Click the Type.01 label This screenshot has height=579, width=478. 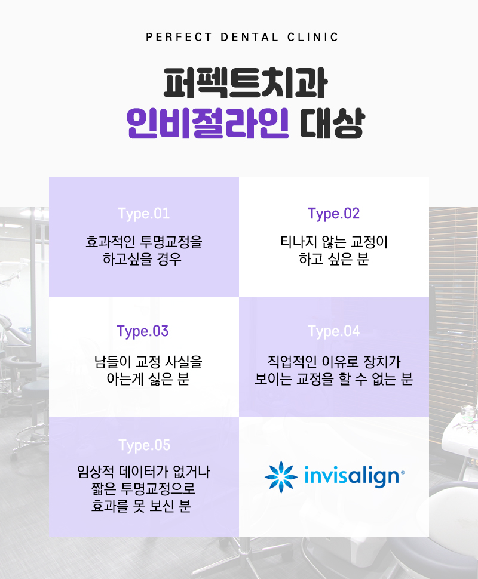coord(144,214)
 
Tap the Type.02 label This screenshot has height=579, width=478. coord(334,214)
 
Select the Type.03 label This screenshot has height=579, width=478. coord(143,331)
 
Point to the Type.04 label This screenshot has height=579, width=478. coord(334,331)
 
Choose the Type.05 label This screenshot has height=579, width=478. coord(144,445)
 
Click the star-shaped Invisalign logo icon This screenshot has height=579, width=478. coord(281,476)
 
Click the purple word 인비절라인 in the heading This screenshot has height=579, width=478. coord(209,123)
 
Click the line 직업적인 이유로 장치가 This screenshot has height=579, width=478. coord(334,362)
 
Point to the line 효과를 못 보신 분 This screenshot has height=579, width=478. coord(144,506)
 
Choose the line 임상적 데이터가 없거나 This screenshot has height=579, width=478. coord(144,474)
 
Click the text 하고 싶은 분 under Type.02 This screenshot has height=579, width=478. coord(334,260)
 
